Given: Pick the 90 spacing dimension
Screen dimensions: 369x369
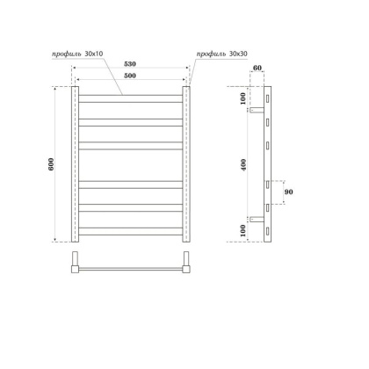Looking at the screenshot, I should pyautogui.click(x=288, y=192).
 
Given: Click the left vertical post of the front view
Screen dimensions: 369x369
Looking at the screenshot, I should pyautogui.click(x=75, y=164).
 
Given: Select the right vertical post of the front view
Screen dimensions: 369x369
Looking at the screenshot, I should pyautogui.click(x=187, y=164).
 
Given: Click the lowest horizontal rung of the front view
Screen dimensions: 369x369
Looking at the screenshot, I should pyautogui.click(x=131, y=233).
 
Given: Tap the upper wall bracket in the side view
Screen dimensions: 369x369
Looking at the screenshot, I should pyautogui.click(x=254, y=111).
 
